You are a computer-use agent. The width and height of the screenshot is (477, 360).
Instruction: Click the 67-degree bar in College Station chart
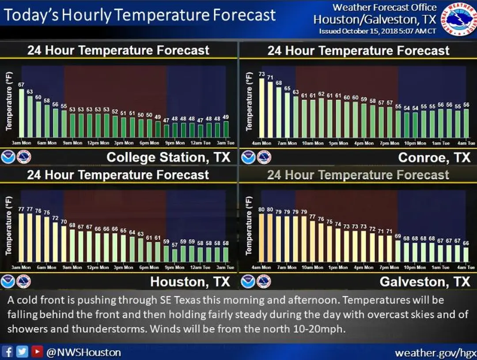pos(21,113)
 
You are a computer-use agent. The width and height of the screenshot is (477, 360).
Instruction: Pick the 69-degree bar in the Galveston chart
pos(397,251)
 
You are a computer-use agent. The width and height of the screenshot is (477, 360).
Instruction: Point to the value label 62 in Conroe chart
pos(322,94)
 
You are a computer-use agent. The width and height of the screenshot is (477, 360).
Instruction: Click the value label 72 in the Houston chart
pos(55,218)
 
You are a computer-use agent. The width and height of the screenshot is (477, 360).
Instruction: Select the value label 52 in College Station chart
pos(115,112)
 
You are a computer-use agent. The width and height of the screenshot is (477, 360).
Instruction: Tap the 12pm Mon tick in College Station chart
pos(98,143)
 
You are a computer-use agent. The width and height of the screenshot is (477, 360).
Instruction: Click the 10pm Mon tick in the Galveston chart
pos(415,267)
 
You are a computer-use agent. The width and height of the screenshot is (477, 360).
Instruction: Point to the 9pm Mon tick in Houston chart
pos(175,267)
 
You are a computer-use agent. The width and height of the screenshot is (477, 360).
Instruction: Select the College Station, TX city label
pos(168,157)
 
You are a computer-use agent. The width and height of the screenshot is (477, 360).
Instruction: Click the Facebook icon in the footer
pos(8,352)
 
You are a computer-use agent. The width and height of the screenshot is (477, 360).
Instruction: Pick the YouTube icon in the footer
pos(38,352)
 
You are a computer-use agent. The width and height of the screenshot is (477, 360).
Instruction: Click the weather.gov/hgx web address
pos(435,352)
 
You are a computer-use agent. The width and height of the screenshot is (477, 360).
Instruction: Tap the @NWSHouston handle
pos(83,352)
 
